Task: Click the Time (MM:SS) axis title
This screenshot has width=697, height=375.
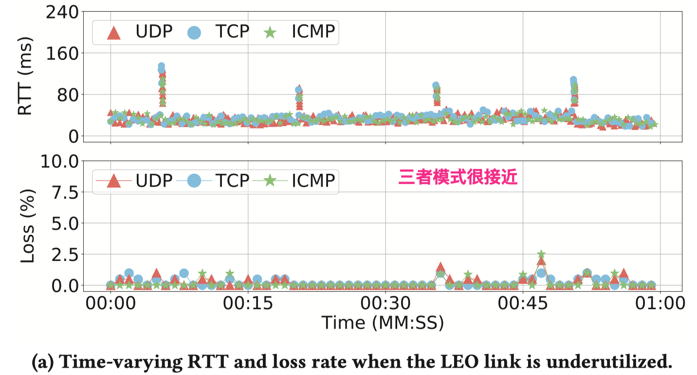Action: tap(382, 322)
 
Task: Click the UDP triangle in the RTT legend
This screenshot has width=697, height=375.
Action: tap(113, 32)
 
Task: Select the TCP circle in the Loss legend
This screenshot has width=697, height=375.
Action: tap(195, 181)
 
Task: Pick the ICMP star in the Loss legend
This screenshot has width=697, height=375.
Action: tap(270, 181)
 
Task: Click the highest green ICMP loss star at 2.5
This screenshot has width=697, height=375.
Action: tap(541, 254)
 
